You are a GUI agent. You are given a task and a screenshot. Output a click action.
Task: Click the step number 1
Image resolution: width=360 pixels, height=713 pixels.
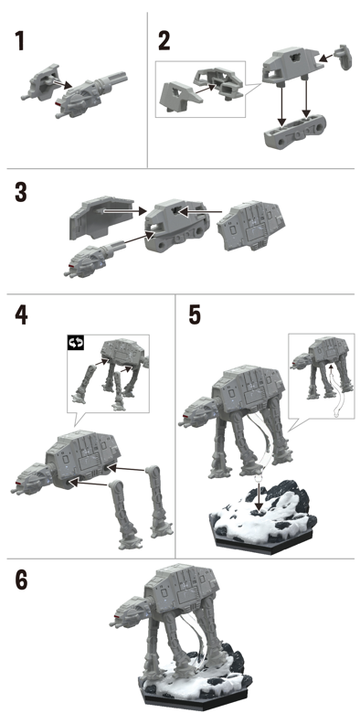[18, 40]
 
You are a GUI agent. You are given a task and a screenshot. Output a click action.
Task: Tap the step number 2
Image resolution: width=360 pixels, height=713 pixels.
[164, 40]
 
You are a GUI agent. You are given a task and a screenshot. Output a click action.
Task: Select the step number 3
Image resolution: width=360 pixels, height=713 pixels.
[21, 192]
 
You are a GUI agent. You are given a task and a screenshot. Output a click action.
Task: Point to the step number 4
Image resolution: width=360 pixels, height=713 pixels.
[21, 314]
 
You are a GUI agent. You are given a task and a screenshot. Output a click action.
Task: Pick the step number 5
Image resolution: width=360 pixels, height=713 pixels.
[195, 314]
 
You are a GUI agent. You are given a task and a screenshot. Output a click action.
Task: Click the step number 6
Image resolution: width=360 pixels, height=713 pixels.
[21, 580]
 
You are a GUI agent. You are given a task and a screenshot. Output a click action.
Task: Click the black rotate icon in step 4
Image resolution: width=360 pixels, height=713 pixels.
[77, 343]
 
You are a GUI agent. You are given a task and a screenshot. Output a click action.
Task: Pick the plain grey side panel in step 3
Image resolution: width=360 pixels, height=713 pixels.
[101, 218]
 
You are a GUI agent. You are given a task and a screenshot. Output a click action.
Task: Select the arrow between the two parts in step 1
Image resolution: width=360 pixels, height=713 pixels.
[61, 84]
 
